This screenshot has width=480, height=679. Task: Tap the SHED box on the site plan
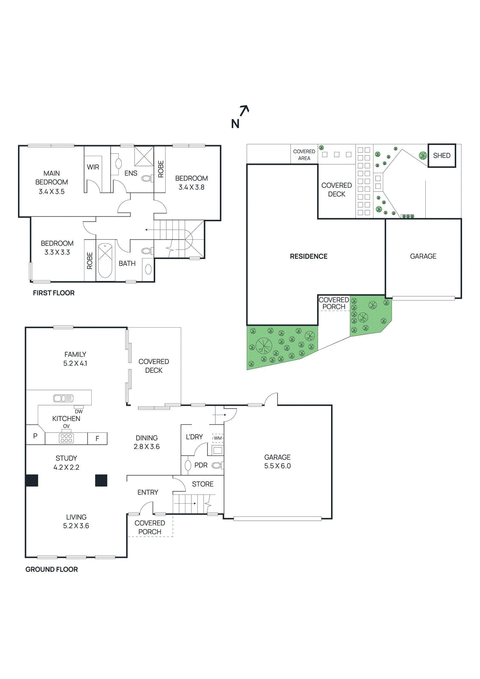coord(441,155)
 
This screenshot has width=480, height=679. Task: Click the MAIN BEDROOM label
coord(51,177)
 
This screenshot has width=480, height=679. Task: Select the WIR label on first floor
coord(93,167)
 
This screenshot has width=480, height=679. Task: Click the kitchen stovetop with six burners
coord(66,438)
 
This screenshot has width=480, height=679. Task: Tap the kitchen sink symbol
coord(63,398)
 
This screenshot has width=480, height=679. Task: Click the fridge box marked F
coord(97,438)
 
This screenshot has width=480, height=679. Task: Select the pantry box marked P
coord(35,436)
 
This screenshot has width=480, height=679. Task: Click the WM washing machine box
coord(218,438)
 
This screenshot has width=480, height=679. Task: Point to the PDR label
coord(201,465)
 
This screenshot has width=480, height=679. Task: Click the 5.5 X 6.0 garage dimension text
coord(278,466)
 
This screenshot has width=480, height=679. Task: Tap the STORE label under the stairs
coord(202,484)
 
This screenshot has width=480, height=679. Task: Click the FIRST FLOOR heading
coord(53,293)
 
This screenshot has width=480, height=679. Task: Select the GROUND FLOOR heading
coord(51,570)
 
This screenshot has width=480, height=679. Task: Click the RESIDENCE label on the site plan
coord(309,256)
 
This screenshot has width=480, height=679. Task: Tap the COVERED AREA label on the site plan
coord(304,155)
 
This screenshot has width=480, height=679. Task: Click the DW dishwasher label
coord(79,412)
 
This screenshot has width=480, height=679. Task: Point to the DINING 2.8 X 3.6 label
coord(146,442)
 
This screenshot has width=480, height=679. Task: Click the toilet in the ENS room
coord(147,179)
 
